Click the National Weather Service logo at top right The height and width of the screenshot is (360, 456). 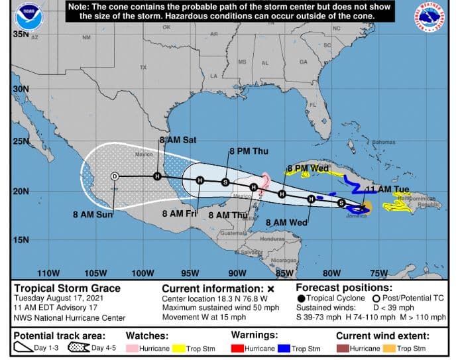430,18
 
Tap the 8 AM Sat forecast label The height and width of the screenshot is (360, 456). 178,141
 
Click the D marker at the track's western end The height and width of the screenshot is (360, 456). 115,176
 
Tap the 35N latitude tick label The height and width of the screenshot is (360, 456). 20,34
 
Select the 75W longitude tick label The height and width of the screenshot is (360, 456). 378,273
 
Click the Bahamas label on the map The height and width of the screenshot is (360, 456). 383,143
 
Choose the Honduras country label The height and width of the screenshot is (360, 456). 272,239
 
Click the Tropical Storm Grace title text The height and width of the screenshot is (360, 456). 68,288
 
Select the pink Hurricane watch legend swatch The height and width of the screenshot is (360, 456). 133,348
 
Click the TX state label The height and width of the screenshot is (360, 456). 142,68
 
